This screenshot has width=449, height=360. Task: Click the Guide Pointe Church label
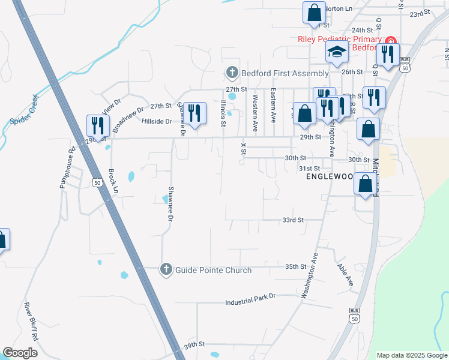(213, 270)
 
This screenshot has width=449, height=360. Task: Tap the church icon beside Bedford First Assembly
(232, 73)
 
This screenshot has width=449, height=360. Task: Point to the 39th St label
(194, 345)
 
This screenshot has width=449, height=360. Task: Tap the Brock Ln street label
(112, 181)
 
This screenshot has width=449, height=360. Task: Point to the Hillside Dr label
(156, 121)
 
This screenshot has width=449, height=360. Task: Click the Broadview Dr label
(128, 118)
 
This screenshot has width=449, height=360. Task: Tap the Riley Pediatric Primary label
(340, 39)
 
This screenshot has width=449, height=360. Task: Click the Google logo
(20, 352)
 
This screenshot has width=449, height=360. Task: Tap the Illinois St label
(222, 114)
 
